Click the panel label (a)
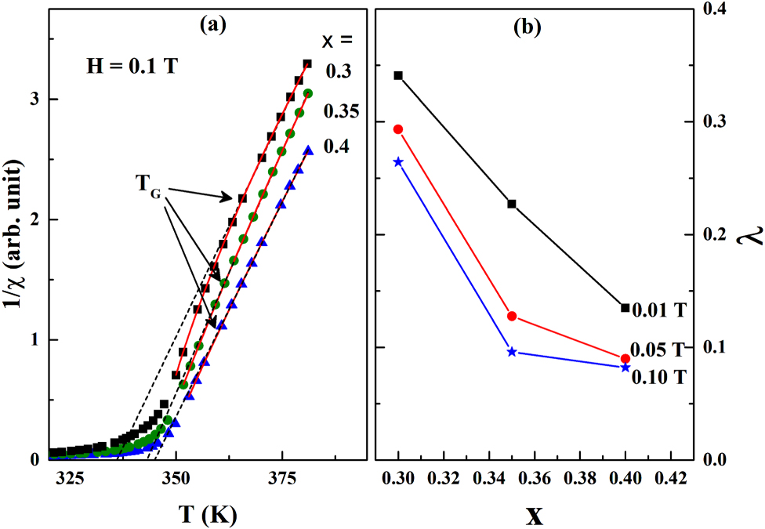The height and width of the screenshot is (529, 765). click(212, 25)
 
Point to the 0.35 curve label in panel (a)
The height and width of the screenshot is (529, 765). click(341, 111)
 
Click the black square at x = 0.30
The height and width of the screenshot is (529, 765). click(398, 75)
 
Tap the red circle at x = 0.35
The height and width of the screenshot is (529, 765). click(512, 316)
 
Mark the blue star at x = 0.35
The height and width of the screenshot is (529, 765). click(512, 352)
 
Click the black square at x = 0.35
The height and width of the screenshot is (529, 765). click(512, 204)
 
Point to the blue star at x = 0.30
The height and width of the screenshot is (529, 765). click(398, 162)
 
